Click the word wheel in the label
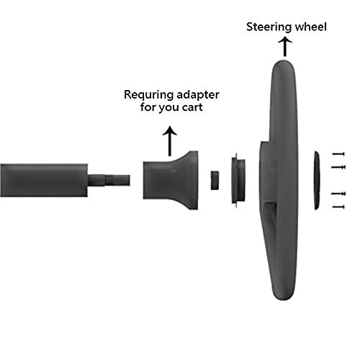(x=311, y=27)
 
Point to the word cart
(x=192, y=107)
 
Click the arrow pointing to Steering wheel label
(x=285, y=46)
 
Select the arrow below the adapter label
(x=170, y=141)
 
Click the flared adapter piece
(x=171, y=180)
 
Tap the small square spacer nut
(x=215, y=180)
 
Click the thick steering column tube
(x=44, y=181)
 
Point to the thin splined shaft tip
(x=109, y=180)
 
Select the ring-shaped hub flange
(x=238, y=180)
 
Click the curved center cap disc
(x=318, y=180)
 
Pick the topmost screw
(x=338, y=154)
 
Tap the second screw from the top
(x=338, y=167)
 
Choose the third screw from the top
(x=338, y=194)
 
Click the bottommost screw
(x=338, y=207)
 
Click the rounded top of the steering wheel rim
(x=283, y=63)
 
